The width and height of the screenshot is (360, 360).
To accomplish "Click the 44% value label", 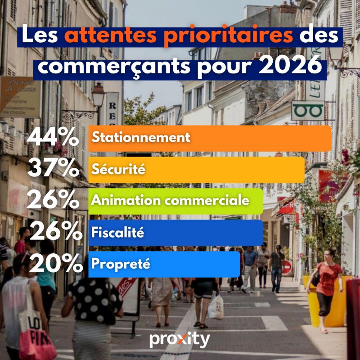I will pos(53,137).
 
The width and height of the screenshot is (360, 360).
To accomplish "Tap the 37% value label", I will pos(53,169).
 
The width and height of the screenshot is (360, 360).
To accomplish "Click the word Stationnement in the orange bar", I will pos(141,137).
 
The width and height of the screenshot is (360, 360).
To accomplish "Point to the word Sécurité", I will pos(118,170).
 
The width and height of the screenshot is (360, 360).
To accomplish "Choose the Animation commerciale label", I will pos(170,200).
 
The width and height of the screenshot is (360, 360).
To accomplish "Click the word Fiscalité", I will pos(117,233).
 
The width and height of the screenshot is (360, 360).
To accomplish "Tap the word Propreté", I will pos(120,264).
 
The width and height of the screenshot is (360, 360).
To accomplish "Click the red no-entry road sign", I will pos(286,267).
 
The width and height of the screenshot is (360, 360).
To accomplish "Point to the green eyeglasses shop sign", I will pos(307,110).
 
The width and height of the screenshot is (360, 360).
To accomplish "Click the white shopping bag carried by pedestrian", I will pos(216,306).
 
